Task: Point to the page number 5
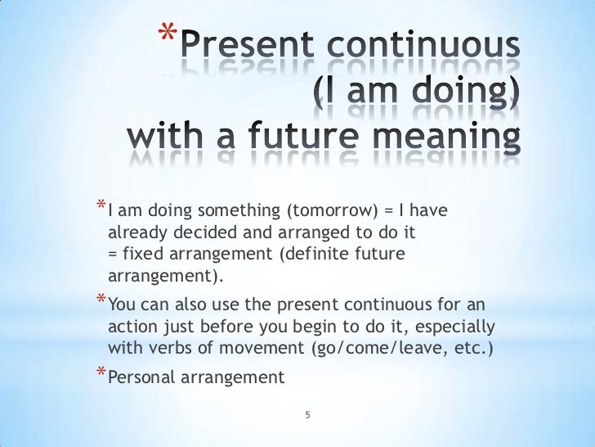[306, 415]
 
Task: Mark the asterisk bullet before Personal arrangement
[100, 375]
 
